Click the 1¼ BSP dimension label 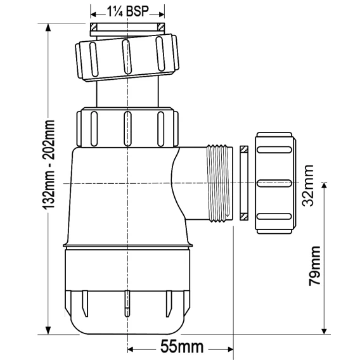128,11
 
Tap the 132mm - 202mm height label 49,164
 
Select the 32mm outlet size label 308,186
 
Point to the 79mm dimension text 314,266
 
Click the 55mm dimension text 182,347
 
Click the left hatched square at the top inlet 93,27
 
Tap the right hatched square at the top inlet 161,27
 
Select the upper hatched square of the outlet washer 244,150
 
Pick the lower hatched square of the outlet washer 244,217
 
